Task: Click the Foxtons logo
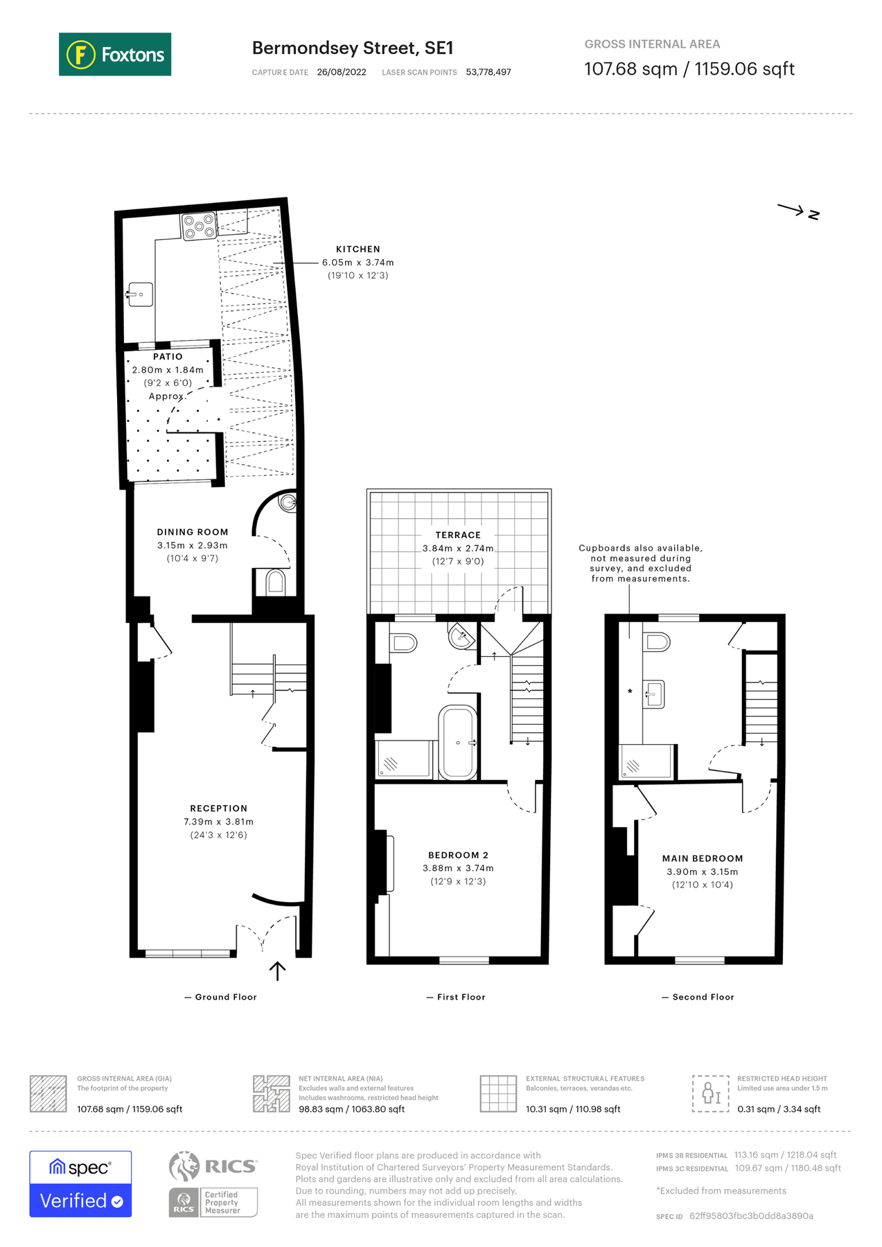(115, 54)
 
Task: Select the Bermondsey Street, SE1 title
(352, 48)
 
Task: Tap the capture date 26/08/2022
(341, 72)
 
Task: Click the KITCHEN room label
(358, 249)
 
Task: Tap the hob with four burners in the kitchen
(199, 226)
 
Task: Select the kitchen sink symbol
(140, 294)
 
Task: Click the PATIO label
(168, 356)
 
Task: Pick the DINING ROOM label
(192, 532)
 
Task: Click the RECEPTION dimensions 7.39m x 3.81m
(218, 822)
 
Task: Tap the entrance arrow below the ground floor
(277, 971)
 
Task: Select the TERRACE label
(458, 535)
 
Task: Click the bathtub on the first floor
(457, 743)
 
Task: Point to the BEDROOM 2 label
(458, 855)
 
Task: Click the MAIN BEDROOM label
(702, 858)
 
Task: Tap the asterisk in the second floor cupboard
(629, 691)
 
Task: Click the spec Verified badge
(80, 1184)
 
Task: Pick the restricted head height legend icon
(711, 1093)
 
